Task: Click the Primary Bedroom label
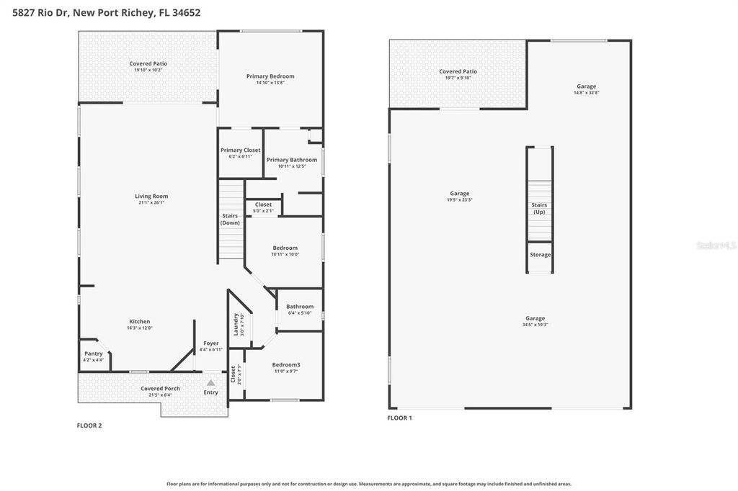click(270, 76)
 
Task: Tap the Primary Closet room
click(240, 153)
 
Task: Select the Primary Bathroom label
click(292, 160)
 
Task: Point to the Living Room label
click(151, 196)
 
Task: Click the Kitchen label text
click(140, 322)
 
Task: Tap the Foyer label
click(210, 343)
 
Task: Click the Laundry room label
click(236, 325)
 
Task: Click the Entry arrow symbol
click(210, 383)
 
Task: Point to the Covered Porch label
click(160, 389)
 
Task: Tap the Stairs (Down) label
click(230, 219)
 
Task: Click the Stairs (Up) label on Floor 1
click(539, 208)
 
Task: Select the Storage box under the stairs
click(540, 255)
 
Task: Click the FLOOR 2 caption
click(89, 425)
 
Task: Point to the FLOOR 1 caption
click(400, 418)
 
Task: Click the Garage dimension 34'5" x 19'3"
click(535, 325)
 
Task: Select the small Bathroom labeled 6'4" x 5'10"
click(300, 309)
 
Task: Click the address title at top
click(107, 12)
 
